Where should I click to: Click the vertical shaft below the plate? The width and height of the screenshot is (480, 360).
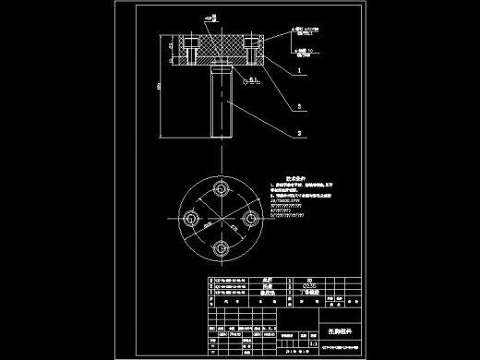(222, 102)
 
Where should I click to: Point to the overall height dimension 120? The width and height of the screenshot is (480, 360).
(159, 87)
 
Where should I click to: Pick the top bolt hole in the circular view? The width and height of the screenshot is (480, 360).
(222, 187)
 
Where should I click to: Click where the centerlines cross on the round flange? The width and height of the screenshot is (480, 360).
(222, 220)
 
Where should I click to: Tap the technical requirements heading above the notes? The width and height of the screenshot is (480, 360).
(294, 174)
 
